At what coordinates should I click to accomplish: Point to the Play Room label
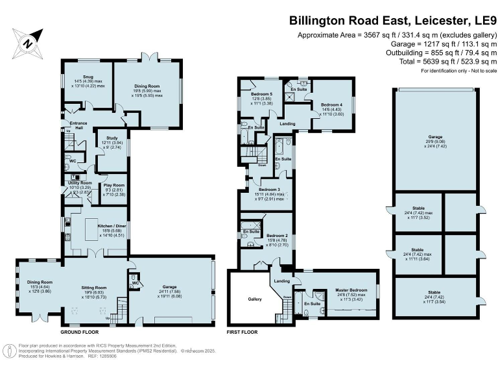(x=113, y=186)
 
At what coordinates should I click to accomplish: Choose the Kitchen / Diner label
(x=108, y=227)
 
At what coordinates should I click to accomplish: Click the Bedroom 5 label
(x=261, y=94)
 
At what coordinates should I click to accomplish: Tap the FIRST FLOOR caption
(x=242, y=332)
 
